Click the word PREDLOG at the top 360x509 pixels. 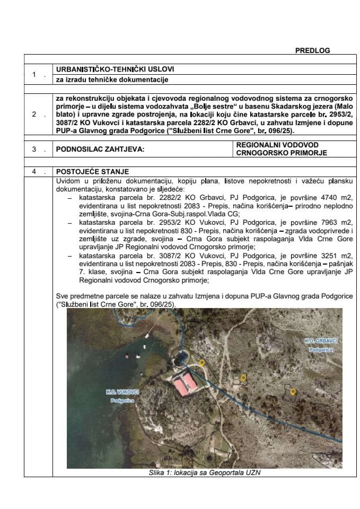tap(312, 50)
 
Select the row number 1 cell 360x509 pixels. tap(34, 75)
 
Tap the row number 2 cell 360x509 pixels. tap(34, 114)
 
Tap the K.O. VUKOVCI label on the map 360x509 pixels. tap(122, 391)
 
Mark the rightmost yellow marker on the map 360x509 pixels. tap(292, 391)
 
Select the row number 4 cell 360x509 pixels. tap(34, 171)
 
